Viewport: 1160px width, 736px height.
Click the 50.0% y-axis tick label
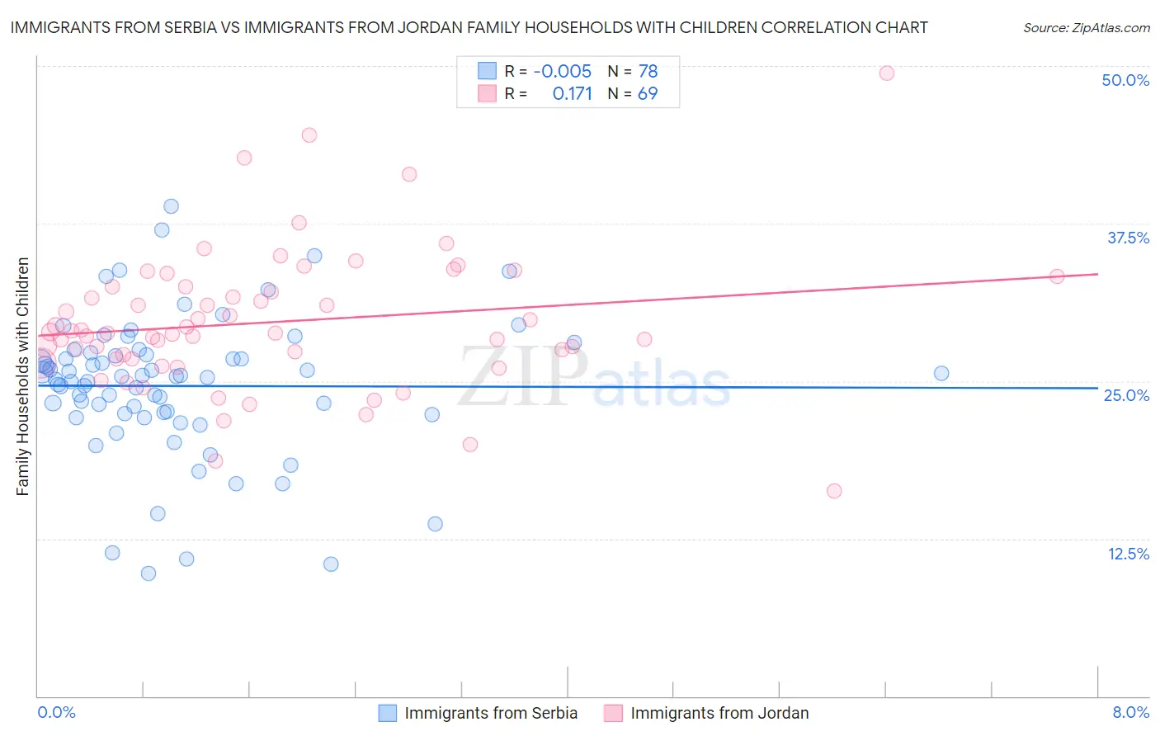pyautogui.click(x=1125, y=80)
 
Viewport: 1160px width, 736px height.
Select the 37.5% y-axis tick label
pyautogui.click(x=1128, y=238)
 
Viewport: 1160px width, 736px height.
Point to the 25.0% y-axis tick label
pyautogui.click(x=1126, y=395)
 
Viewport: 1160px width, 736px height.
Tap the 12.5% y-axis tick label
pyautogui.click(x=1128, y=554)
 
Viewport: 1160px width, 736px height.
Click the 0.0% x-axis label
pyautogui.click(x=56, y=712)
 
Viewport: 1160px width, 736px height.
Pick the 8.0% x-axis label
pyautogui.click(x=1130, y=712)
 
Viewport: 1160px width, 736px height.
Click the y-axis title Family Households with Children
pyautogui.click(x=22, y=376)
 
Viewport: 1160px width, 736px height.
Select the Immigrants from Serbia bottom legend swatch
pyautogui.click(x=388, y=713)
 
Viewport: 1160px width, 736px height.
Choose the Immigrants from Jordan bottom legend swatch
pyautogui.click(x=613, y=713)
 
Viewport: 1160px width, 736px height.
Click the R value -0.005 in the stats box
pyautogui.click(x=562, y=72)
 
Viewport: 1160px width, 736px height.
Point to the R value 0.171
pyautogui.click(x=572, y=94)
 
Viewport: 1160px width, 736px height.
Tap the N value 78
pyautogui.click(x=648, y=72)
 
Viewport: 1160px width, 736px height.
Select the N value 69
pyautogui.click(x=648, y=94)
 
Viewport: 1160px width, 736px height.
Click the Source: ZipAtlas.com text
pyautogui.click(x=1086, y=28)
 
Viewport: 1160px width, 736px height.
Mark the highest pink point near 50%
pyautogui.click(x=887, y=73)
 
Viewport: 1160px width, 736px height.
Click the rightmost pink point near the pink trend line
pyautogui.click(x=1057, y=276)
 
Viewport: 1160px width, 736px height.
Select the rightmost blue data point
pyautogui.click(x=941, y=373)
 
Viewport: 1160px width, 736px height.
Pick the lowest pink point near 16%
pyautogui.click(x=834, y=491)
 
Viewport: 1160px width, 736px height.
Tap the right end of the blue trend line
pyautogui.click(x=1097, y=388)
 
